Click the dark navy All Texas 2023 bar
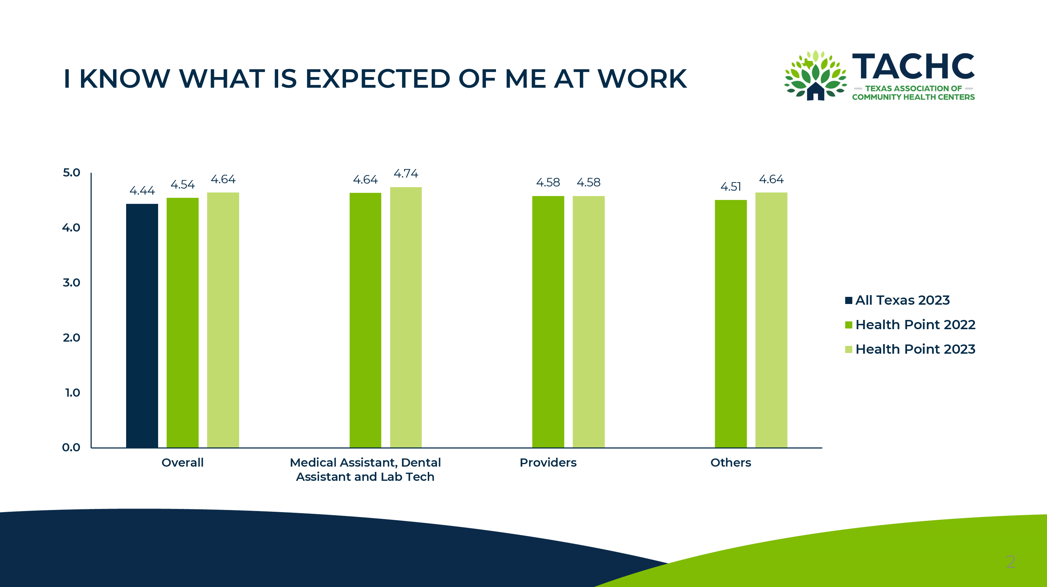142,325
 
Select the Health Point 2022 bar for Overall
183,322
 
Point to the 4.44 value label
142,191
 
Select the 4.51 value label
730,187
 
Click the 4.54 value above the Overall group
183,185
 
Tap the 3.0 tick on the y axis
71,283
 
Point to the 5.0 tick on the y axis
71,173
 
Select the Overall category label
183,463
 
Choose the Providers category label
548,463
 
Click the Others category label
730,463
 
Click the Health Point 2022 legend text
915,325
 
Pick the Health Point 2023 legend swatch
849,349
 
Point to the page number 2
1011,562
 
